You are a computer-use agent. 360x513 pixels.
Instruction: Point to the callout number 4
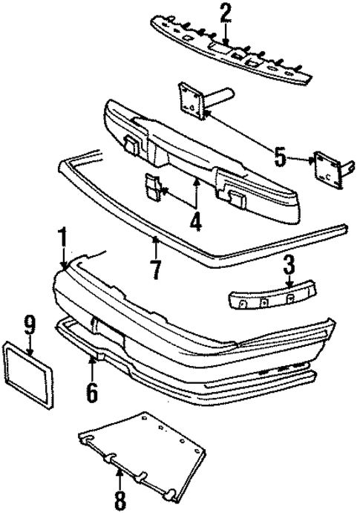tap(195, 220)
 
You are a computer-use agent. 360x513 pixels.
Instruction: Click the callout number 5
tap(280, 157)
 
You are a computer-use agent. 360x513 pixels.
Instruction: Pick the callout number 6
tap(91, 391)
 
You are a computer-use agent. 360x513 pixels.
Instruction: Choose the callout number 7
tap(155, 270)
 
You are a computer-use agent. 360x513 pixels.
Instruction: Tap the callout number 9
tap(30, 324)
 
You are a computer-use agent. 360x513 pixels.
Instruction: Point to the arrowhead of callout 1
tap(65, 269)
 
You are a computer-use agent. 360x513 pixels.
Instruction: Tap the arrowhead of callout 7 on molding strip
tap(155, 240)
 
